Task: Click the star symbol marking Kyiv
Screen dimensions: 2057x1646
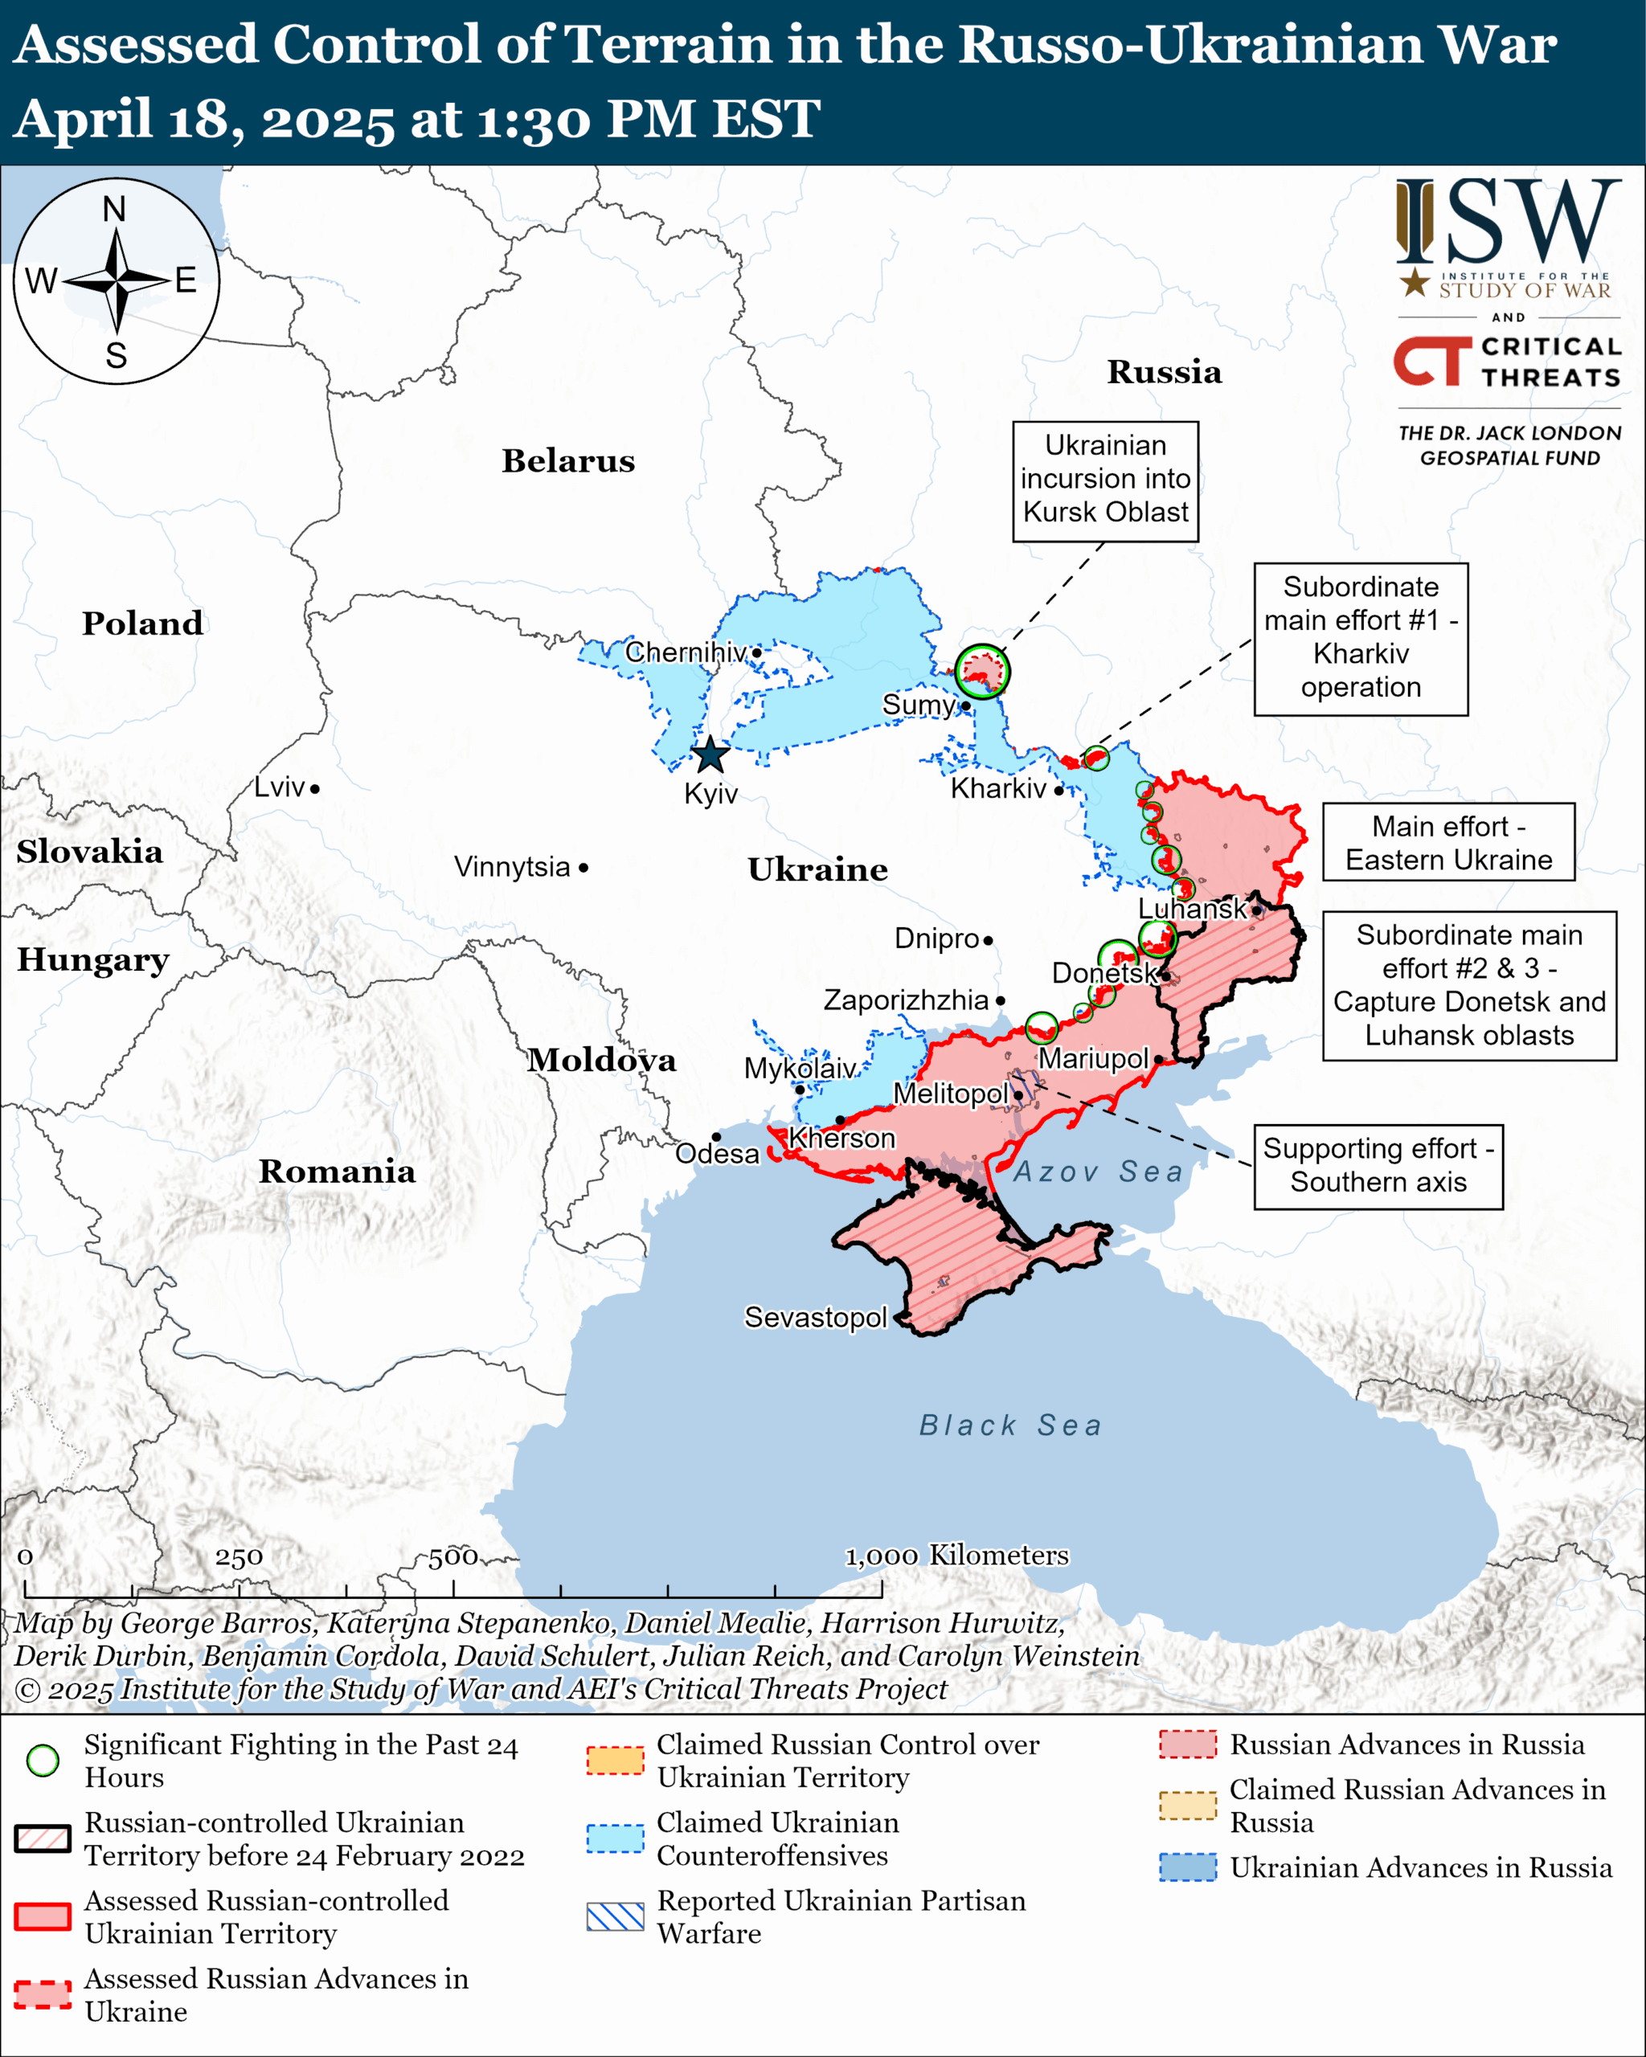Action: coord(710,755)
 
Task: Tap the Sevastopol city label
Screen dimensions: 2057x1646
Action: coord(815,1318)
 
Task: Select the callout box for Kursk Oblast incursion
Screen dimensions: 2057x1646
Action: coord(1105,481)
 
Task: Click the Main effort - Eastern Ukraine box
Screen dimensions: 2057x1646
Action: coord(1447,841)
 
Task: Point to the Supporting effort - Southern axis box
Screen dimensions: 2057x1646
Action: coord(1378,1166)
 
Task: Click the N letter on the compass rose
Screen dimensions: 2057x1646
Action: coord(114,209)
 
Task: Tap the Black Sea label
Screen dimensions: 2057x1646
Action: coord(1009,1425)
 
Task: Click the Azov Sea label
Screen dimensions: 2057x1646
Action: coord(1097,1172)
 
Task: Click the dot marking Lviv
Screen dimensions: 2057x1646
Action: coord(315,789)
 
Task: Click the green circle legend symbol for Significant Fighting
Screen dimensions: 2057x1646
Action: coord(43,1761)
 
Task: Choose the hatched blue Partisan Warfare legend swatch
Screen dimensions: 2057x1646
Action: coord(615,1916)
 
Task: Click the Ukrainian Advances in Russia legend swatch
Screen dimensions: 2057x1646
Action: coord(1187,1867)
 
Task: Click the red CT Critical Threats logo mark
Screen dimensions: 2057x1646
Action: coord(1431,361)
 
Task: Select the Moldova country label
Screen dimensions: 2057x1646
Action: coord(601,1060)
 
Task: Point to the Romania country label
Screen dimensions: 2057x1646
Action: coord(337,1172)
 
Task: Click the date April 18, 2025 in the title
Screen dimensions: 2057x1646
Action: coord(205,121)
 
